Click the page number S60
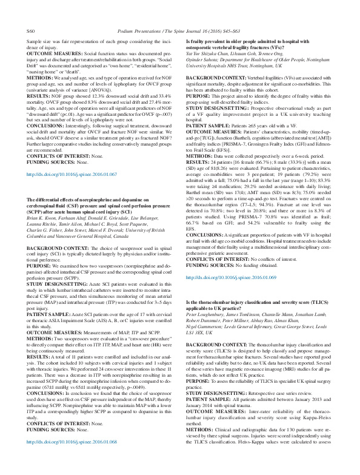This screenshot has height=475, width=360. (31, 12)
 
